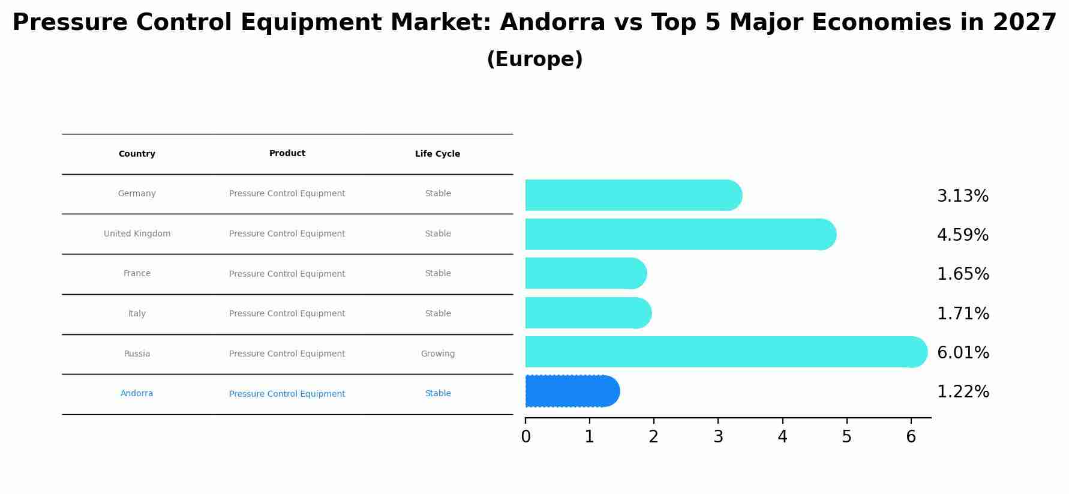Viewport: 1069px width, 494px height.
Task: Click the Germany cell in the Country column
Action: click(x=137, y=193)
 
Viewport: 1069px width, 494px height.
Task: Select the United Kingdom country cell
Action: click(x=137, y=233)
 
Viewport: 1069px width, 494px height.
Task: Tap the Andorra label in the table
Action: click(x=137, y=393)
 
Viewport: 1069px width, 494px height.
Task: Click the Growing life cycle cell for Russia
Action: click(x=437, y=354)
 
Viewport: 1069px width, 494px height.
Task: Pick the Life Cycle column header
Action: click(x=437, y=154)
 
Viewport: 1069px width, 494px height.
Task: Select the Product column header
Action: click(x=287, y=153)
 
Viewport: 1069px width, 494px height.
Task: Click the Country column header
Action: click(x=137, y=154)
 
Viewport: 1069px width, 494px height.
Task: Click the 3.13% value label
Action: click(x=962, y=196)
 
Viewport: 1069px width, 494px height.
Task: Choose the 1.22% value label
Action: click(x=962, y=392)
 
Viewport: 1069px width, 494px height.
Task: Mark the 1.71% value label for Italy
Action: click(x=962, y=313)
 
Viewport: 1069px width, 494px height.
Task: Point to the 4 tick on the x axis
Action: click(x=782, y=437)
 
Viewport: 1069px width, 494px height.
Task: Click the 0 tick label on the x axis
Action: click(x=526, y=437)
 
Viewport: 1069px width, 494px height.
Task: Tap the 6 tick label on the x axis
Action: click(x=911, y=437)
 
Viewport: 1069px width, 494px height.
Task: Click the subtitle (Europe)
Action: click(x=534, y=59)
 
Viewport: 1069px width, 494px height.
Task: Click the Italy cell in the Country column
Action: click(x=137, y=313)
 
